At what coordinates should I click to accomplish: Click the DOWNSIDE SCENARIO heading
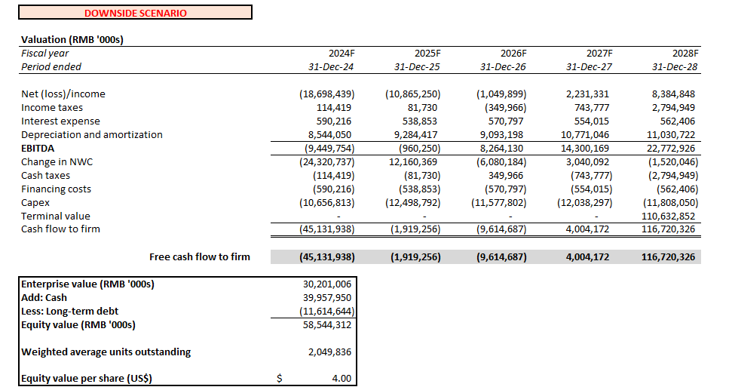(136, 13)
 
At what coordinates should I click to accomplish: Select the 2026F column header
(513, 54)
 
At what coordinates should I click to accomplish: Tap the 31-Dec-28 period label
(675, 67)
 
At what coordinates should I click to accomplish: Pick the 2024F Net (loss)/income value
(326, 94)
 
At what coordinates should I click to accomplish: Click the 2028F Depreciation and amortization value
(666, 135)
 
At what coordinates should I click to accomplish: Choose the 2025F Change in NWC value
(412, 162)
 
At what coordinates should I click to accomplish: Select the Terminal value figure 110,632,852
(666, 216)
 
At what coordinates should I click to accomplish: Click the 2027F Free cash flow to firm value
(587, 257)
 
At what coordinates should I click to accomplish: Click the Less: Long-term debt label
(69, 312)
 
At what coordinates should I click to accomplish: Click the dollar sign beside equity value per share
(279, 379)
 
